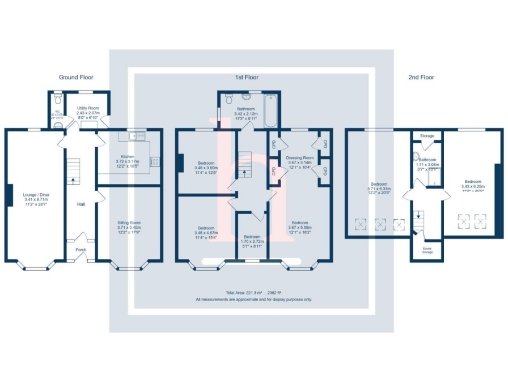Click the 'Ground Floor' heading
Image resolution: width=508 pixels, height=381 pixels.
[x=75, y=76]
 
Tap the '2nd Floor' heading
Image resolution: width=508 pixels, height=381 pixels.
[x=421, y=76]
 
